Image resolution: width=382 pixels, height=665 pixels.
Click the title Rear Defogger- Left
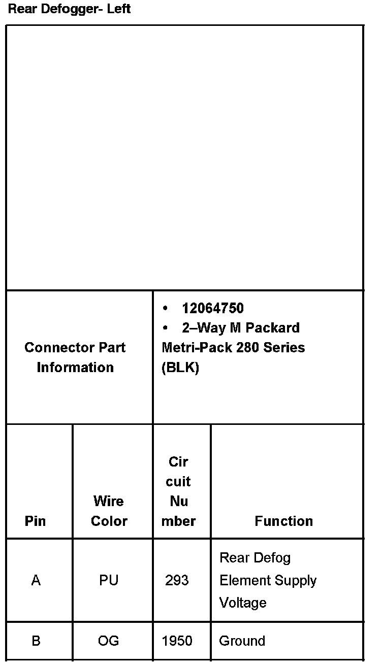click(69, 9)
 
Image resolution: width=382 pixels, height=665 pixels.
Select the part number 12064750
click(213, 308)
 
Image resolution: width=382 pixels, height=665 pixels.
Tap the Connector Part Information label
click(75, 357)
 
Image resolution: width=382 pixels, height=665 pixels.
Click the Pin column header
click(35, 521)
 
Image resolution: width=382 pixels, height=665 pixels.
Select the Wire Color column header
click(109, 511)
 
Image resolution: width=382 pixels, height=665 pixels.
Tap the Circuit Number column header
click(178, 491)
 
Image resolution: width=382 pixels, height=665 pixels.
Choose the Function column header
click(283, 521)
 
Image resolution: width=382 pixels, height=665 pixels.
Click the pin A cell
click(36, 580)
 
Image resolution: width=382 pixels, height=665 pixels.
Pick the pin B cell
click(36, 641)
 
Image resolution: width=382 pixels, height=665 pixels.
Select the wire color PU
click(109, 580)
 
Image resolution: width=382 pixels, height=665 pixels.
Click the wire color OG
click(109, 641)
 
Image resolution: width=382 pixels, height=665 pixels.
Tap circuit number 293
click(177, 580)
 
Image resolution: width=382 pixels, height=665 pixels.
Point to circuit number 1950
click(177, 641)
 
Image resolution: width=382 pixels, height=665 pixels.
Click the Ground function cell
click(242, 641)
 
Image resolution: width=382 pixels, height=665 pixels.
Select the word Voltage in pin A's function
click(243, 603)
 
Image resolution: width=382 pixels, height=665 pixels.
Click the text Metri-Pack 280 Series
click(233, 348)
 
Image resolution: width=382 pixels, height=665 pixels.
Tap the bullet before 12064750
click(165, 308)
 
